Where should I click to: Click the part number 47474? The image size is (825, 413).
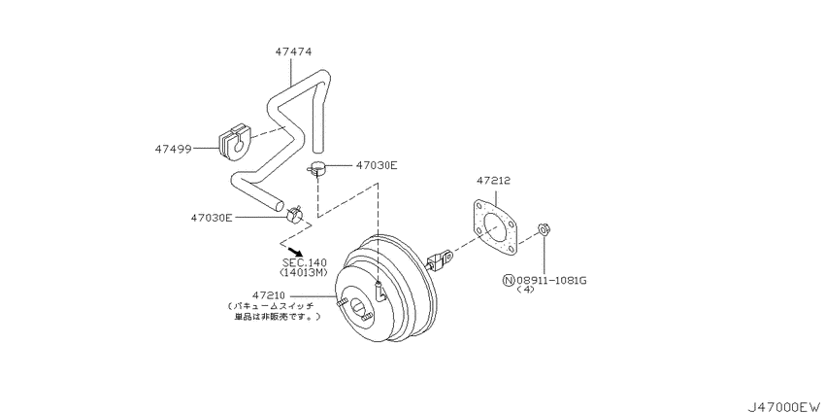coord(293,52)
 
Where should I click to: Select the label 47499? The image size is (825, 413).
coord(173,149)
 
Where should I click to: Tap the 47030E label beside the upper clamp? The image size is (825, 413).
coord(377,165)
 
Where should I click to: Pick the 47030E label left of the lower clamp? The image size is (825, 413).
coord(212,217)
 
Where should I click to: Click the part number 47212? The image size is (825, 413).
coord(494,181)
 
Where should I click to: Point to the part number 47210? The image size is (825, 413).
coord(269,295)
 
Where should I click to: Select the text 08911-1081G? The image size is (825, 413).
coord(551,280)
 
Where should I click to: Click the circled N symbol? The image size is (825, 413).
coord(509,280)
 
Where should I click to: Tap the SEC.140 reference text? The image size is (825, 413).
coord(304,262)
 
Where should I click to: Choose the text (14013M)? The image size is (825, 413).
coord(304,272)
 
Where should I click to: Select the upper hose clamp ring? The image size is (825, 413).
coord(316,168)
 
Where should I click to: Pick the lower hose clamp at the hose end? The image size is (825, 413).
coord(295,214)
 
